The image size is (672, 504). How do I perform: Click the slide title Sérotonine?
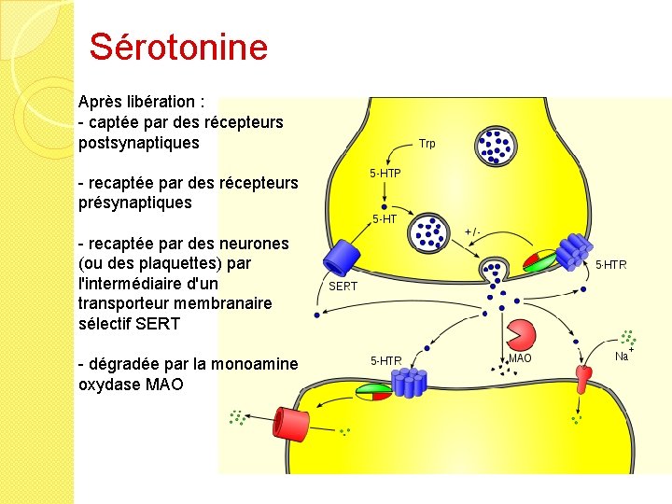pyautogui.click(x=178, y=47)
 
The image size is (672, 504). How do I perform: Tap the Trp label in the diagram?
pyautogui.click(x=427, y=144)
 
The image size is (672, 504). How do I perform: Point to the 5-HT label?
pyautogui.click(x=385, y=219)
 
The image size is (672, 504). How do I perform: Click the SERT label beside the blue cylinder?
pyautogui.click(x=343, y=287)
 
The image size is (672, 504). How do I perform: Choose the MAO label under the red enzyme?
pyautogui.click(x=520, y=358)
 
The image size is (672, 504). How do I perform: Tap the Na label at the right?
pyautogui.click(x=622, y=357)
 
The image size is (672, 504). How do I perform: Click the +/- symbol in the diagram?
pyautogui.click(x=472, y=231)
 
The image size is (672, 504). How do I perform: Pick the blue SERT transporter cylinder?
pyautogui.click(x=342, y=257)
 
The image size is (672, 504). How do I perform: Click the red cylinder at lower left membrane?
pyautogui.click(x=294, y=425)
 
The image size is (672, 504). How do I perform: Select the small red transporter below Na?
pyautogui.click(x=584, y=377)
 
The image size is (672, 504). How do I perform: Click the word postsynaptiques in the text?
pyautogui.click(x=139, y=143)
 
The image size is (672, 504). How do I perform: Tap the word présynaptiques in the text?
pyautogui.click(x=135, y=203)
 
